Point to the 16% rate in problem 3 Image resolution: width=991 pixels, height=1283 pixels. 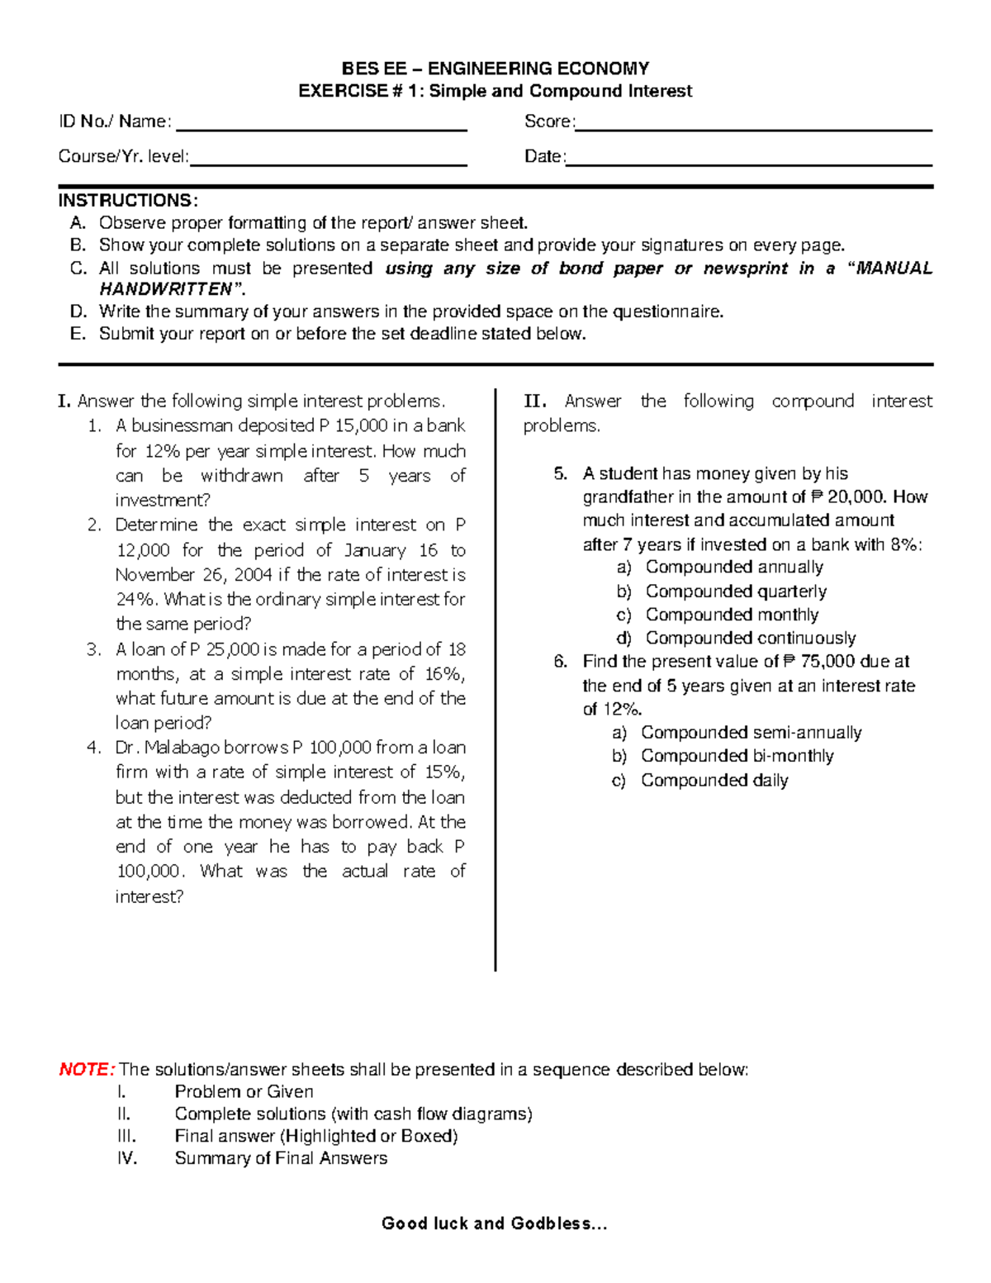point(443,673)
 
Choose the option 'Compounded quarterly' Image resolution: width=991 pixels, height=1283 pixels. point(736,591)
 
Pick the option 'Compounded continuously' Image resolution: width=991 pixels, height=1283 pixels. point(750,638)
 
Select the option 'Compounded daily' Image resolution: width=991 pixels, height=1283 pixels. point(714,780)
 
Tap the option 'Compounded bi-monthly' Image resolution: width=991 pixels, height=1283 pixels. point(737,756)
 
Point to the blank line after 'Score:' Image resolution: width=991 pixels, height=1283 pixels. point(753,130)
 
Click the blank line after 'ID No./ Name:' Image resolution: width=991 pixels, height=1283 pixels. point(322,130)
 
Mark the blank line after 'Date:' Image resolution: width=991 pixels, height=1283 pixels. point(749,165)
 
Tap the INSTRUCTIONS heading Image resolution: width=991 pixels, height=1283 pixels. point(127,201)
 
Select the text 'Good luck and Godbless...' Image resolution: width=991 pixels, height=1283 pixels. point(495,1224)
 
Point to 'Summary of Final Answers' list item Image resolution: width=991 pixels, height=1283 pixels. point(281,1158)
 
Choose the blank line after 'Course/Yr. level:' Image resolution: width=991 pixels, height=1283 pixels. point(329,165)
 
